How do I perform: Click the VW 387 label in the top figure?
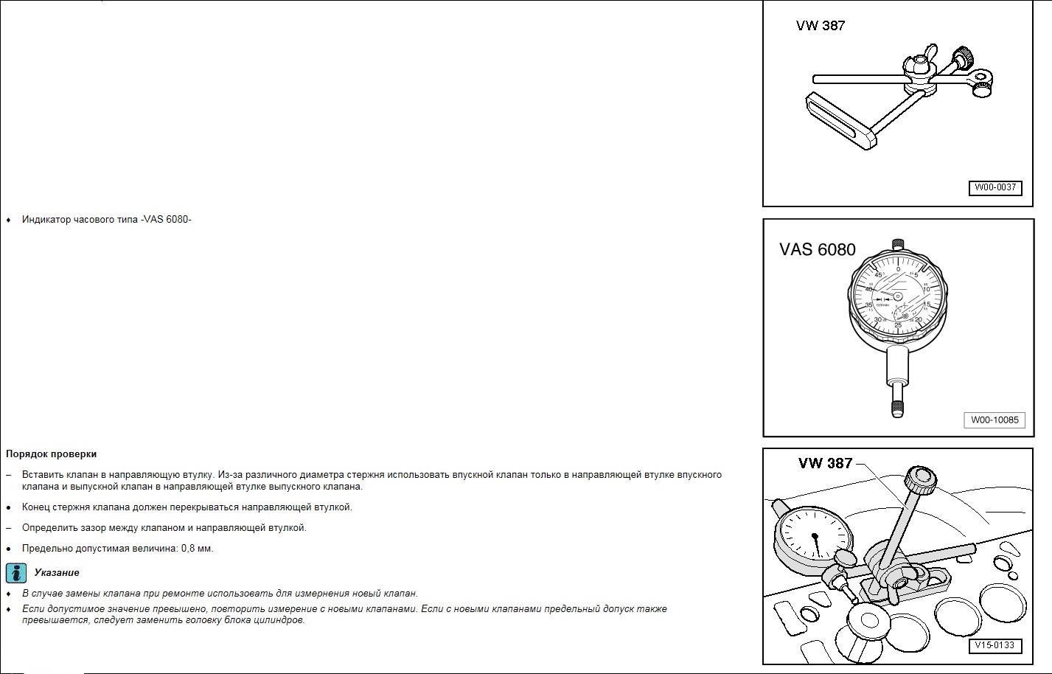click(x=820, y=26)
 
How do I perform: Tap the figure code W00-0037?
click(x=994, y=187)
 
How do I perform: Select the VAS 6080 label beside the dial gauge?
click(x=817, y=250)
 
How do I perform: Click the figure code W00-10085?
click(x=994, y=420)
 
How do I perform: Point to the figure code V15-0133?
click(x=994, y=645)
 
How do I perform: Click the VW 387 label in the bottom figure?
click(x=824, y=463)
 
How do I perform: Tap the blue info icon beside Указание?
click(x=16, y=573)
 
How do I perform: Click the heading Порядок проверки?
click(x=51, y=454)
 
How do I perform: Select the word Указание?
click(x=57, y=573)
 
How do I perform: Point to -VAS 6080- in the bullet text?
click(x=166, y=220)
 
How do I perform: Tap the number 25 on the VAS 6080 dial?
click(x=898, y=325)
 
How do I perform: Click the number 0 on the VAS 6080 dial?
click(x=898, y=269)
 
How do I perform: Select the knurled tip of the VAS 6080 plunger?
click(x=897, y=409)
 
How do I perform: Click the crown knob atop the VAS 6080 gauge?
click(x=897, y=245)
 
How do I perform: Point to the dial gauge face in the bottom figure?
click(x=814, y=538)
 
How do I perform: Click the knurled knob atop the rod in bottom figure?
click(x=922, y=482)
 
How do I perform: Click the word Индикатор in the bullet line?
click(x=46, y=220)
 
